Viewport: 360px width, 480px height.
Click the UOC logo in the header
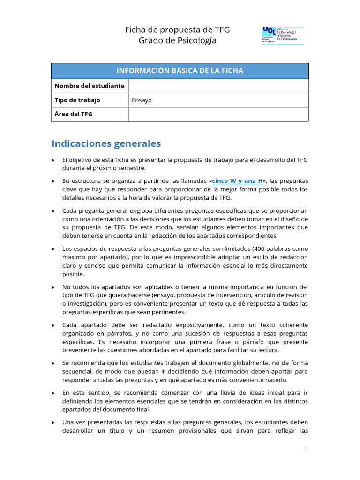point(283,36)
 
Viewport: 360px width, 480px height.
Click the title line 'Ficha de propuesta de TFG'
point(177,30)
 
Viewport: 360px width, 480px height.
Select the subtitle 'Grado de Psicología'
point(177,41)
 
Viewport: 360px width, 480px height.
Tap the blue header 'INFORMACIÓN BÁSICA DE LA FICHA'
point(180,71)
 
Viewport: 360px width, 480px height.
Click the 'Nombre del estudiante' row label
point(90,86)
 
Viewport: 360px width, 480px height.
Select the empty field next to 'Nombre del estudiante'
point(218,86)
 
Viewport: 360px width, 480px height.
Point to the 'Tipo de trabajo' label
point(77,100)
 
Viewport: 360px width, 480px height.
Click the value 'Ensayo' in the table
point(142,100)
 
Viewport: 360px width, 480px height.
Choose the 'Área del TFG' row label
point(73,114)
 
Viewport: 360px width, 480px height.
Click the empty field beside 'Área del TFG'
point(218,114)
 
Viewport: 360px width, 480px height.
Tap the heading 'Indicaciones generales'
point(106,143)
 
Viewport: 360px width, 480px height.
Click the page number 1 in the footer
point(307,449)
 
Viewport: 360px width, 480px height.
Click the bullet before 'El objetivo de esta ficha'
point(54,160)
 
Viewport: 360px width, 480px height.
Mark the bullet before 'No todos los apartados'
point(54,287)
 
